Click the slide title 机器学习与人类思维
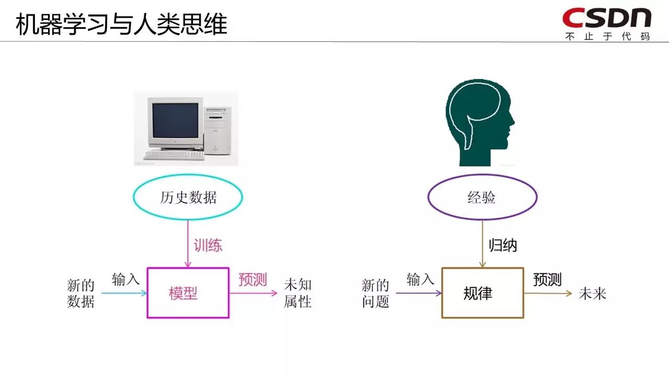point(122,24)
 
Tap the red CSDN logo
point(607,18)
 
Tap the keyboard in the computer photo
point(172,155)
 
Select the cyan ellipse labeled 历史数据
point(188,198)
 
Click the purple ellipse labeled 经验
point(482,198)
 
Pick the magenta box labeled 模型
point(188,293)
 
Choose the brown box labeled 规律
point(482,293)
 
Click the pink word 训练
point(208,245)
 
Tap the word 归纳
point(502,245)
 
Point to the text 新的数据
point(81,293)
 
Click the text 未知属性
point(298,293)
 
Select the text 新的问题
point(376,293)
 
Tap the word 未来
point(592,294)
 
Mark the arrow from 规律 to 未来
point(548,293)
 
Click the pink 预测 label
point(252,280)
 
